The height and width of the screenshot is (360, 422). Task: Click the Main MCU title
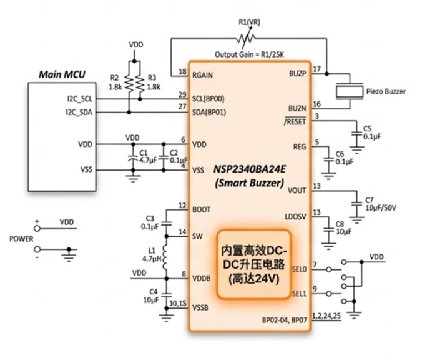coord(62,75)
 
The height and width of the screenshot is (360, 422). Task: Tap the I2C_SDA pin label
coord(79,112)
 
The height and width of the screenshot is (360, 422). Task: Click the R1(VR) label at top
coord(250,22)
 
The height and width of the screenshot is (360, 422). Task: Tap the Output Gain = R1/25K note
coord(250,53)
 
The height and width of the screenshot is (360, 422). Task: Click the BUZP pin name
coord(297,72)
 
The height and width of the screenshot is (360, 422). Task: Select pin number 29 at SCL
coord(182,94)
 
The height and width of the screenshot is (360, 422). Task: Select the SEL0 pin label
coord(299,269)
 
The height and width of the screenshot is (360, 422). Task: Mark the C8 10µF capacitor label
coord(344,227)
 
